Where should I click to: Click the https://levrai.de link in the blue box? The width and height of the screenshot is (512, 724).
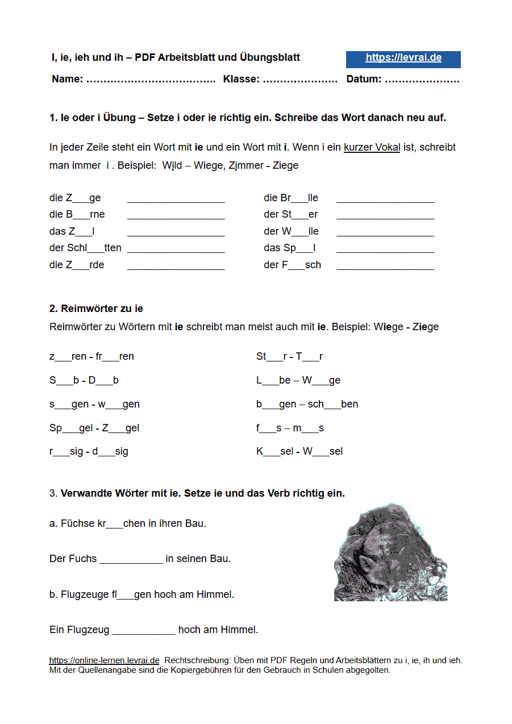tap(403, 58)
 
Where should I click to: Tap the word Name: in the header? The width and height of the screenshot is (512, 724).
tap(67, 80)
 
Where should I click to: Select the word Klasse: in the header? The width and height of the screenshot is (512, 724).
tap(242, 80)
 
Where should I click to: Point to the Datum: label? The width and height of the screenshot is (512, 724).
tap(364, 80)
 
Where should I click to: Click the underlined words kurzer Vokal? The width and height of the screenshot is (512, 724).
tap(372, 148)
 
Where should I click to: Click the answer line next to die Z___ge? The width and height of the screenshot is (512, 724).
tap(176, 199)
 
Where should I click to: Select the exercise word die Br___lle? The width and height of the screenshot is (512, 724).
tap(291, 198)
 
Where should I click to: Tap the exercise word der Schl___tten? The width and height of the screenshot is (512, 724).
tap(85, 248)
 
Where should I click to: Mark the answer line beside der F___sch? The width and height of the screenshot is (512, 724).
tap(385, 266)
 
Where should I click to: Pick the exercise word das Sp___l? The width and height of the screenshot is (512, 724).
tap(290, 248)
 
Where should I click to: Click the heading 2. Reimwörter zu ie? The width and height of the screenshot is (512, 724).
tap(96, 309)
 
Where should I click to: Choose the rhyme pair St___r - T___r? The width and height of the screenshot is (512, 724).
tap(289, 357)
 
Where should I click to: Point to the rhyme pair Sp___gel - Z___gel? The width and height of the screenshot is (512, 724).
tap(94, 428)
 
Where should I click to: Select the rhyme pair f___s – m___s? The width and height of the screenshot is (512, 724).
tap(290, 428)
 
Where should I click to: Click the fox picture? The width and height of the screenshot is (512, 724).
tap(390, 552)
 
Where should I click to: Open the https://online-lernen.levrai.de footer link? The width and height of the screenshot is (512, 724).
tap(104, 661)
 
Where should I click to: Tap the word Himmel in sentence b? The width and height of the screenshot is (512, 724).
tap(215, 595)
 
